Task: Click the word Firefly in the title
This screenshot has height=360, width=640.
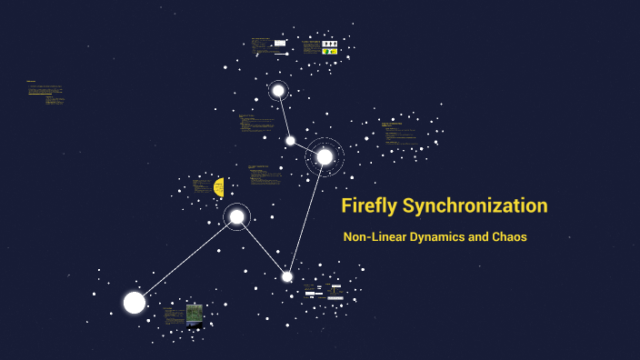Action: (368, 205)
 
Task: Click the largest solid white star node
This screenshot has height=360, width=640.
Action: (135, 303)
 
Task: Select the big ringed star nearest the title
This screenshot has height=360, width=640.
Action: (325, 156)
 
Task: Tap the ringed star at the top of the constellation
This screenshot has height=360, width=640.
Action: (278, 90)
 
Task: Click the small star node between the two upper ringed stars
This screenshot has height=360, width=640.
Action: (290, 140)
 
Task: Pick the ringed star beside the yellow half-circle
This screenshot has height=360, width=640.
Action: (236, 216)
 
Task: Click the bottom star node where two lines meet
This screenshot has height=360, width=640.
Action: (287, 276)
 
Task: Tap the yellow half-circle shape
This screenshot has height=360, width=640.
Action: (219, 187)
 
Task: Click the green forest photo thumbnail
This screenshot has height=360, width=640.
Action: (195, 315)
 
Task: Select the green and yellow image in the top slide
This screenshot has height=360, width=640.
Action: (330, 52)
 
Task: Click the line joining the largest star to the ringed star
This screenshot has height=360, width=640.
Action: (185, 260)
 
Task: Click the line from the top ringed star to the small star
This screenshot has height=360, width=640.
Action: (284, 115)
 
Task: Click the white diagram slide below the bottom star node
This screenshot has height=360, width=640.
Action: (325, 294)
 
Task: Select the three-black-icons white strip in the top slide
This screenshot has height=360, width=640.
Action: (330, 43)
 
